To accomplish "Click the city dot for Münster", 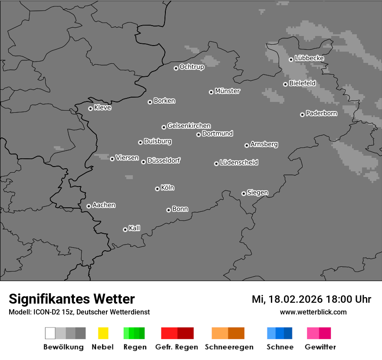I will coord(211,92).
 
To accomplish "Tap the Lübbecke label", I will coord(309,58).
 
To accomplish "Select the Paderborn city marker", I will coord(302,115).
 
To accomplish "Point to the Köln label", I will coord(167,188).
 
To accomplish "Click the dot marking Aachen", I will coord(89,206).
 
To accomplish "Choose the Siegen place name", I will coord(257,193).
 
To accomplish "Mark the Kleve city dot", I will coord(90,108).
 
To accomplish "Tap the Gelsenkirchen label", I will coord(189,126).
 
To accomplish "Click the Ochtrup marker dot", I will coord(176,68).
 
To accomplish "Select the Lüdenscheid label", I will coord(239,163).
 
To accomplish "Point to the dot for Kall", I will coord(125,229).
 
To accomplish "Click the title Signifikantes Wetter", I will coord(72,299).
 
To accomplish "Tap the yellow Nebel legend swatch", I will coord(103,333).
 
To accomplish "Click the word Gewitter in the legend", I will coord(320,347).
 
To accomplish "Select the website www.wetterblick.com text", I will coord(313,312).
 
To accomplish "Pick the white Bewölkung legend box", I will coord(50,333).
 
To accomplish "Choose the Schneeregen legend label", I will coord(229,347).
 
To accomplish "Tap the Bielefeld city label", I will coord(302,83).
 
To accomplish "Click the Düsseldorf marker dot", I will coord(143,162).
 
